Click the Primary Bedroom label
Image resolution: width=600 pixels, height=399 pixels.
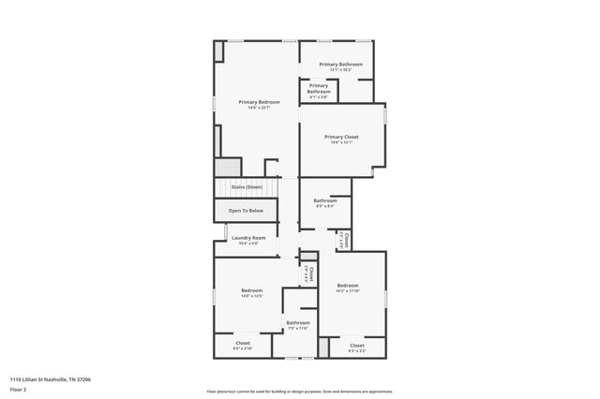click(259, 101)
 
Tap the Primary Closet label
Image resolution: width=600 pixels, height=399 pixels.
click(341, 137)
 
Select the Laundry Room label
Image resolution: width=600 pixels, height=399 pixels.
click(248, 238)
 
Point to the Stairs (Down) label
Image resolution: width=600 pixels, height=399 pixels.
click(247, 187)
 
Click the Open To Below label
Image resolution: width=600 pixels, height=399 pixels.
click(246, 211)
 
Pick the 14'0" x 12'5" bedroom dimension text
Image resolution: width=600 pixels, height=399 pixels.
click(250, 296)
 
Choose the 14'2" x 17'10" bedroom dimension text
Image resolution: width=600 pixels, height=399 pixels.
click(348, 290)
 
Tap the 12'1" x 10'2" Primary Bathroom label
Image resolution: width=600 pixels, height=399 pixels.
click(340, 65)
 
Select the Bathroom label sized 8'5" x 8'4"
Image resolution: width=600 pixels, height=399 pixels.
click(324, 200)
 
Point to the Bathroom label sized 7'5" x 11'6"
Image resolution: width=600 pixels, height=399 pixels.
click(297, 323)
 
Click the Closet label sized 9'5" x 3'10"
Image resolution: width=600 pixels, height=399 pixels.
click(243, 343)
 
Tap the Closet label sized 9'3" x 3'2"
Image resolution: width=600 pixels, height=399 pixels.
click(356, 346)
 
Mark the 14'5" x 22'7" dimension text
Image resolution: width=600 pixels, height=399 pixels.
click(259, 108)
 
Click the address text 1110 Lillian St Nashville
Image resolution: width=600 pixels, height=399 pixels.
click(51, 379)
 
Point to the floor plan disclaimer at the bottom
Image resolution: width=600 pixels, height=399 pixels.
click(299, 392)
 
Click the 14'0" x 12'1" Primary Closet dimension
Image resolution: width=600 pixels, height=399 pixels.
click(341, 142)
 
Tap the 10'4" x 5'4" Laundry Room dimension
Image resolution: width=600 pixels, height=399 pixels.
click(248, 244)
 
